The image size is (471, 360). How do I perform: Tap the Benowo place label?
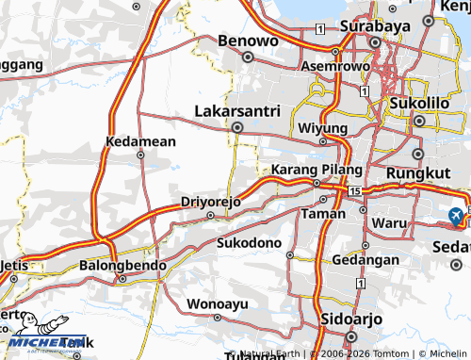[x=249, y=41]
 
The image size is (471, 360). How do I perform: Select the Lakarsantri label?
[x=237, y=111]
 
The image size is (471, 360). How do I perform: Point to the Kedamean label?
[x=141, y=141]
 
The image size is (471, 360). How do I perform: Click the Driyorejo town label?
[x=211, y=202]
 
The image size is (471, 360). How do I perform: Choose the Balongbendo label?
[x=122, y=266]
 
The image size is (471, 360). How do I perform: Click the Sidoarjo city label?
[x=351, y=319]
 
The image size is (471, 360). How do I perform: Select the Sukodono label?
[x=250, y=243]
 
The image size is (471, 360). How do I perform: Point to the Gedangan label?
[x=359, y=259]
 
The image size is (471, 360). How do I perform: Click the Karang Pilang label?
[x=317, y=169]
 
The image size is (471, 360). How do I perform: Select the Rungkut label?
[x=420, y=173]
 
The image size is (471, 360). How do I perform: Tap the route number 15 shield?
[x=353, y=191]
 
